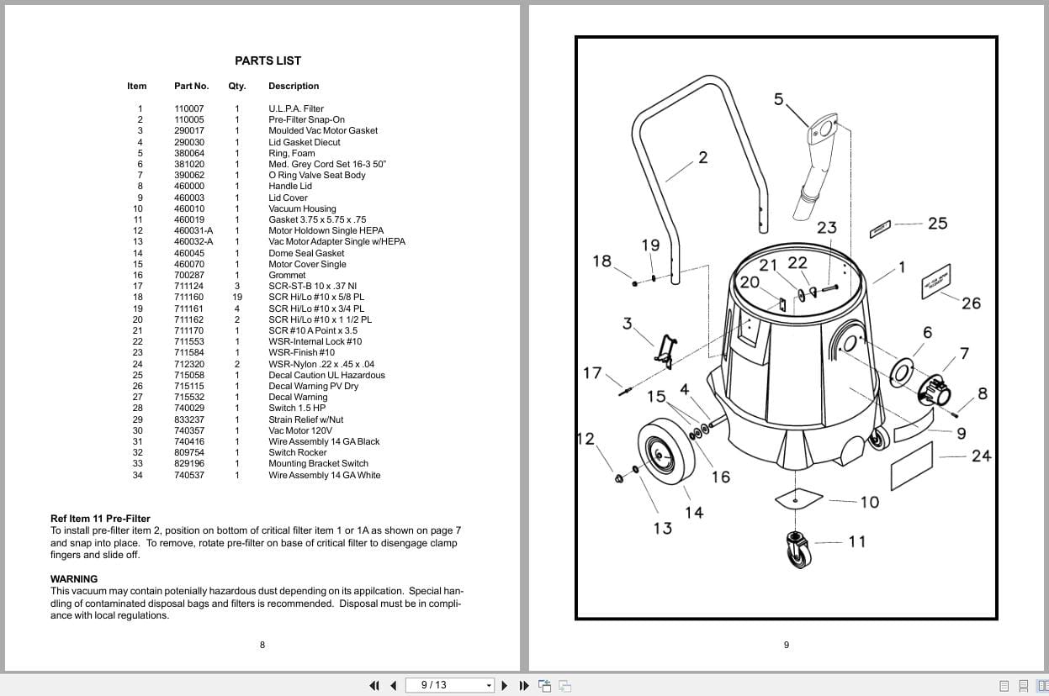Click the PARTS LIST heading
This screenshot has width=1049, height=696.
coord(268,61)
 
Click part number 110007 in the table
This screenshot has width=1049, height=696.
coord(188,108)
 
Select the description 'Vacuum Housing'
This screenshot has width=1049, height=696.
coord(302,208)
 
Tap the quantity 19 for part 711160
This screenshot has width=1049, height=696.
coord(237,297)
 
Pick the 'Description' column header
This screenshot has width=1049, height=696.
coord(294,86)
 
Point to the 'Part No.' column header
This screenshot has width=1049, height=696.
coord(191,86)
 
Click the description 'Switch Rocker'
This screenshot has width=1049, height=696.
coord(297,452)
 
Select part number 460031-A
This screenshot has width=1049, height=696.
coord(193,230)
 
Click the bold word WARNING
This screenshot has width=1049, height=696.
coord(74,579)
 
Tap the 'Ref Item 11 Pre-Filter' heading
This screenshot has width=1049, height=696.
coord(100,519)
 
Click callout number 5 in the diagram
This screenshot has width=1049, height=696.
coord(778,99)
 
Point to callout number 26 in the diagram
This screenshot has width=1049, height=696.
coord(971,303)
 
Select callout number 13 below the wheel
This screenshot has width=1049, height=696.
coord(663,528)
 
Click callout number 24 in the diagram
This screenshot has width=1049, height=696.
coord(981,456)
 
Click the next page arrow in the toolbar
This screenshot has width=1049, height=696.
coord(505,685)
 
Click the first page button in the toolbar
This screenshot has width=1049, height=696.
coord(375,685)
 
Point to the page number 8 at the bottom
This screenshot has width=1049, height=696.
coord(262,645)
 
